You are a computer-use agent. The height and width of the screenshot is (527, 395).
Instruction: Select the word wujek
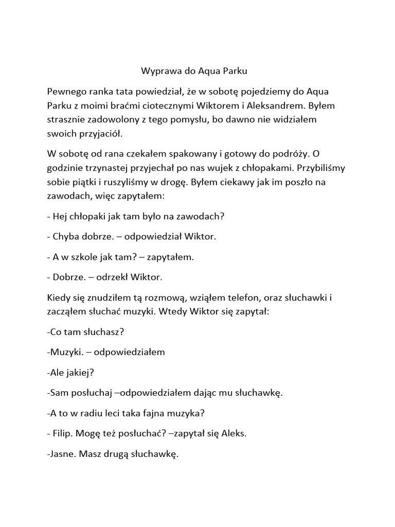[230, 168]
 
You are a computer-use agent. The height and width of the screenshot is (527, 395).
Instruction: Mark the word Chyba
[65, 237]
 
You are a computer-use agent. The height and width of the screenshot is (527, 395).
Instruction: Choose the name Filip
[63, 433]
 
